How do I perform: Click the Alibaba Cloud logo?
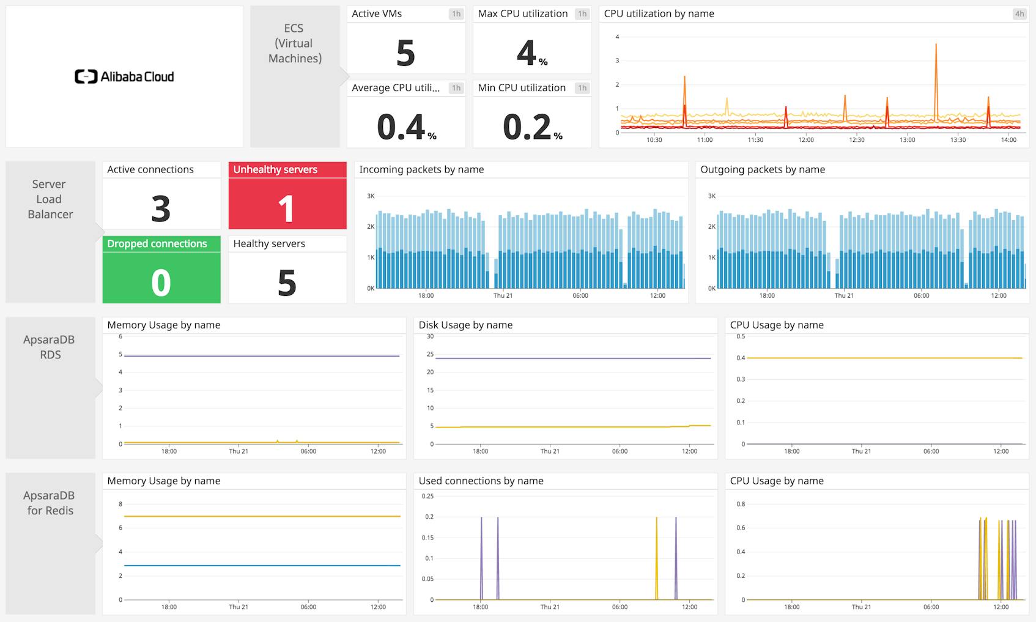point(124,76)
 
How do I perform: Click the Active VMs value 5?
point(405,53)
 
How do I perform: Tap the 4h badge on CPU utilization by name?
point(1019,13)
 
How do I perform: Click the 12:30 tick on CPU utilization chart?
point(857,140)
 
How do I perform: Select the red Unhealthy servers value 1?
point(287,209)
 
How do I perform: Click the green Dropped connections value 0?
point(161,283)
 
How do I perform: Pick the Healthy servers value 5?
point(287,283)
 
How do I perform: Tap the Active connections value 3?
point(161,209)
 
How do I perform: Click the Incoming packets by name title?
point(421,169)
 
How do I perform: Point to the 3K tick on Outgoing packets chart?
point(711,196)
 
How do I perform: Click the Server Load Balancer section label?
point(50,199)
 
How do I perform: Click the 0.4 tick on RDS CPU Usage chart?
point(741,358)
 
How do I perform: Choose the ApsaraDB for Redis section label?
point(50,503)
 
